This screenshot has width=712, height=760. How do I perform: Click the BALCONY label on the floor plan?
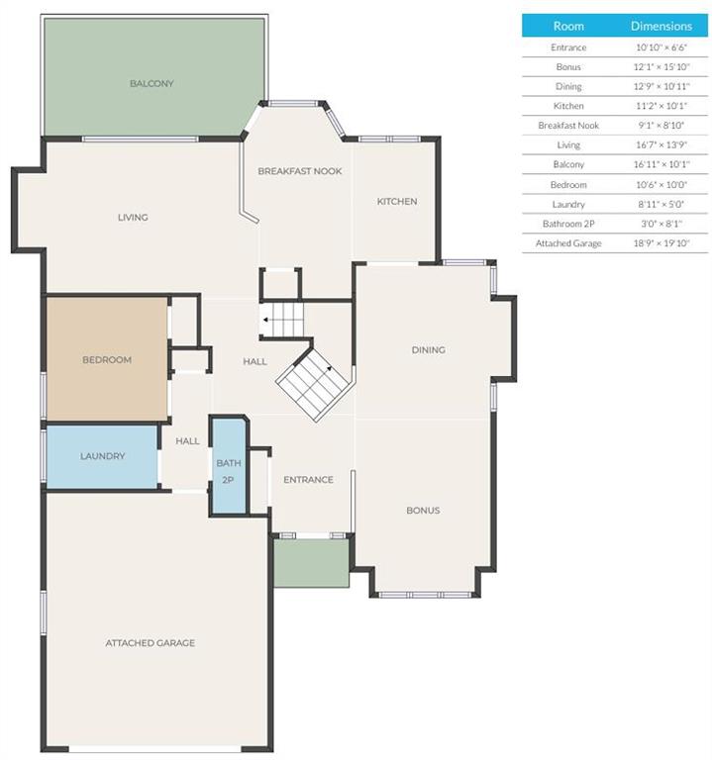pos(152,83)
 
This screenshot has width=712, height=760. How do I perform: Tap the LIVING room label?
pos(133,217)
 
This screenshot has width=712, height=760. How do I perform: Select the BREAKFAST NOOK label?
pos(300,171)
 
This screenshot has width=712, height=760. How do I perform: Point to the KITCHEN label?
pos(397,201)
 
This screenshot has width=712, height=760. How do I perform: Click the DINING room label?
pos(428,349)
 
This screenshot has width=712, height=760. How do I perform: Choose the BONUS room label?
pos(423,510)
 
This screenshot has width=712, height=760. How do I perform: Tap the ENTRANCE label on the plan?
pos(309,479)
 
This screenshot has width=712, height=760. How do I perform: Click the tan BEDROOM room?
pos(107,359)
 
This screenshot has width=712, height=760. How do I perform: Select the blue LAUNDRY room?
pos(102,456)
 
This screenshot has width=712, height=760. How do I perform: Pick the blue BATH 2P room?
pos(229,465)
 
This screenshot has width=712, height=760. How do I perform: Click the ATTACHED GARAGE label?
pos(151,642)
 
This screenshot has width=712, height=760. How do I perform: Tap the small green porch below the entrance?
pos(311,563)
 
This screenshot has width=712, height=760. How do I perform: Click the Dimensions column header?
pos(661,26)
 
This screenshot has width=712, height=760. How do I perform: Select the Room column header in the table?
pos(568,26)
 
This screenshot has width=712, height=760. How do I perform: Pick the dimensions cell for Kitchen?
pos(661,106)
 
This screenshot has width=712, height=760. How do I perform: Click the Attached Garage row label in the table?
pos(568,243)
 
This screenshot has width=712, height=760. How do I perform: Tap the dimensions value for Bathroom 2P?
pos(661,224)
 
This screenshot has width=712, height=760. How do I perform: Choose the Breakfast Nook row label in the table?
pos(568,125)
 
